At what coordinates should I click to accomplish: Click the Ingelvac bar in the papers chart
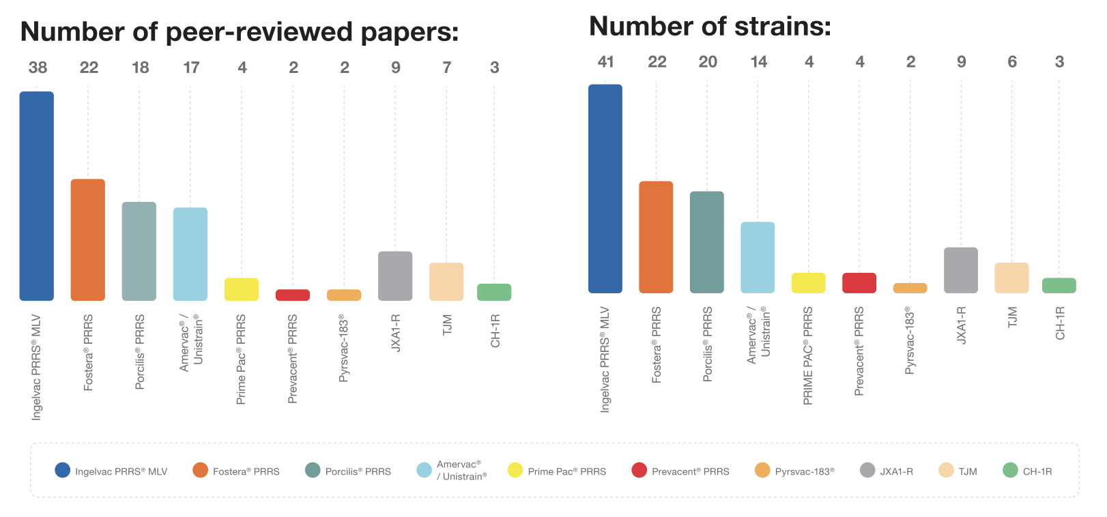(x=37, y=196)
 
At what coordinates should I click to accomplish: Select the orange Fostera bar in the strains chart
(x=656, y=237)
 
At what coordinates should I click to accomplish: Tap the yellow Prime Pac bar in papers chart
(x=242, y=289)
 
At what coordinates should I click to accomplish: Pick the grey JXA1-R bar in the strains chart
(x=961, y=270)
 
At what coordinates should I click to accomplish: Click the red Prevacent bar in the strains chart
(x=859, y=283)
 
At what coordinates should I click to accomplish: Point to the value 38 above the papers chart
(x=38, y=68)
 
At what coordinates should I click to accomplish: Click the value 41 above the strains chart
(x=605, y=62)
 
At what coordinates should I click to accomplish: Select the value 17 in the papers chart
(x=191, y=68)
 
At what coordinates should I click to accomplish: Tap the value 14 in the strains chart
(x=758, y=62)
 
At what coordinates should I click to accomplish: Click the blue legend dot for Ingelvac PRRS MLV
(x=62, y=470)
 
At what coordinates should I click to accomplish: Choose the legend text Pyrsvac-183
(x=805, y=471)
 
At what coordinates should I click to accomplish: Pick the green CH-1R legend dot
(x=1010, y=470)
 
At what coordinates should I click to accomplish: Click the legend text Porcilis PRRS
(x=358, y=471)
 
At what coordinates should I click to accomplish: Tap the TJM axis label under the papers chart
(x=447, y=325)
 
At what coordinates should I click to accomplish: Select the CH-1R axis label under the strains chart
(x=1060, y=323)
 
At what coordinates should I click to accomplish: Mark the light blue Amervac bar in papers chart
(x=190, y=254)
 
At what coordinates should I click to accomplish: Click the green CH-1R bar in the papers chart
(x=494, y=292)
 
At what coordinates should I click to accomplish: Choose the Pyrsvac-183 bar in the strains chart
(x=910, y=288)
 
